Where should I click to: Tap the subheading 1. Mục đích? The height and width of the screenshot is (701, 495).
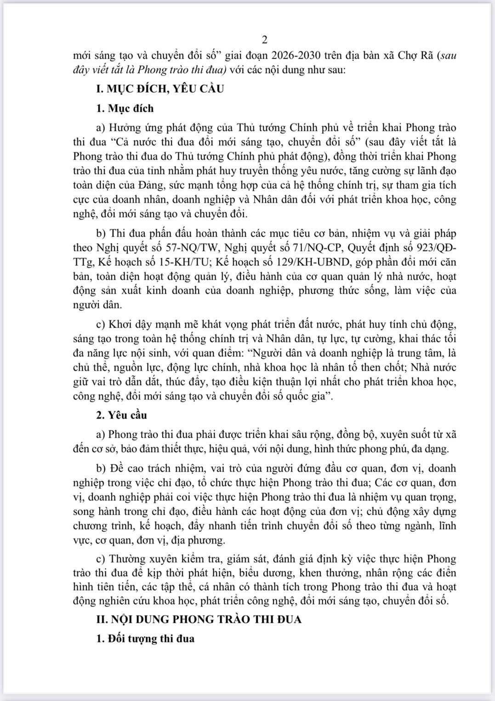tap(125, 109)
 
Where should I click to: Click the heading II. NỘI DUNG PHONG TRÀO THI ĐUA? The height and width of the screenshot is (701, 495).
tap(199, 619)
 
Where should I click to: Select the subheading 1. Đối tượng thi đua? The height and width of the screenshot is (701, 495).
tap(145, 639)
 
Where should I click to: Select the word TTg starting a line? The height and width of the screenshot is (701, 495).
tap(83, 262)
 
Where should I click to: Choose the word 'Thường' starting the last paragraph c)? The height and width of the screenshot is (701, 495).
tap(126, 559)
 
